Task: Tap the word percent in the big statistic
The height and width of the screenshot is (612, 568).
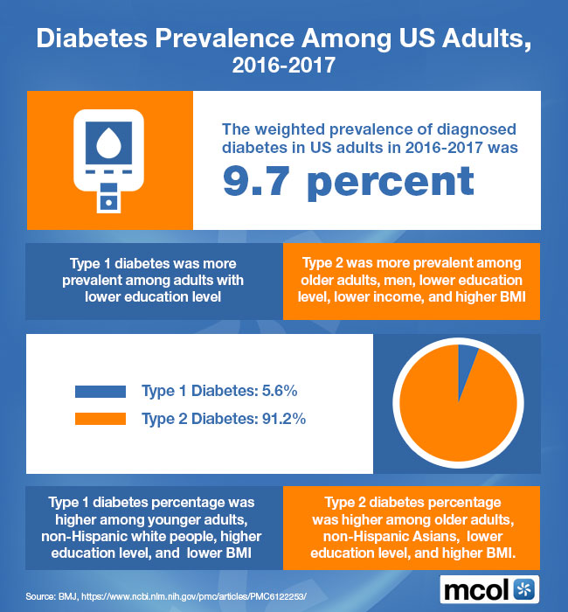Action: [x=392, y=182]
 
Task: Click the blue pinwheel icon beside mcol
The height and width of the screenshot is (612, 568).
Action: [x=525, y=588]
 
